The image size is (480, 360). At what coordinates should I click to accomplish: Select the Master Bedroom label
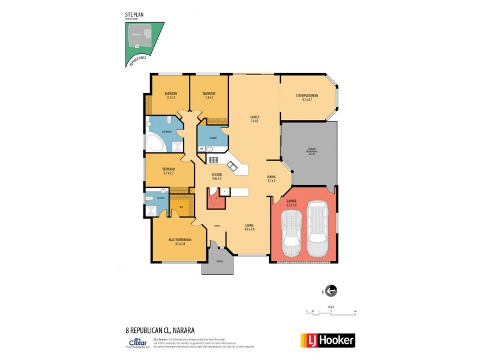[179, 242]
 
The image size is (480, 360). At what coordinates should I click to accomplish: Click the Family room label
[255, 118]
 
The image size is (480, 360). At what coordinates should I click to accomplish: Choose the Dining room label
[271, 179]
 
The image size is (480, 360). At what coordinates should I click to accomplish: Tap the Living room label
[250, 227]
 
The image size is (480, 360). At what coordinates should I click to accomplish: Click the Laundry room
[212, 139]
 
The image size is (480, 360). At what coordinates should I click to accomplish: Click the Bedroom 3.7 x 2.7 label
[168, 171]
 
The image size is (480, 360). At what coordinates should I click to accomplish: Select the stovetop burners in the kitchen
[213, 160]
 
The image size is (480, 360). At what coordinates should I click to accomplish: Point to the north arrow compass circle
[331, 291]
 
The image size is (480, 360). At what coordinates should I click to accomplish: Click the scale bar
[331, 312]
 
